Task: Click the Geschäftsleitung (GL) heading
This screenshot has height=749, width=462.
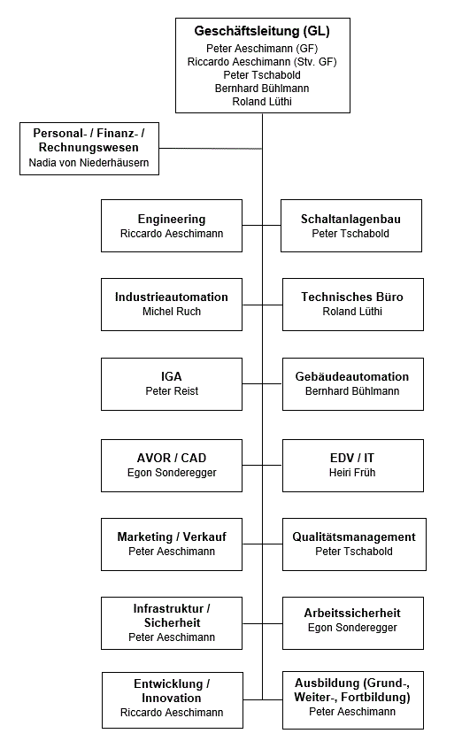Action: click(x=262, y=31)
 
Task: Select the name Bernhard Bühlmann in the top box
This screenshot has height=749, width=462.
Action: click(x=262, y=89)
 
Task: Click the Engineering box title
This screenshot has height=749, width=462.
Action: click(x=172, y=219)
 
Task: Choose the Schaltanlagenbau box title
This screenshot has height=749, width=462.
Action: click(x=350, y=219)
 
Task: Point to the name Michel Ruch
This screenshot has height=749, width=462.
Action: click(x=172, y=312)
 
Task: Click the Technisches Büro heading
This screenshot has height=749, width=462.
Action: click(x=352, y=297)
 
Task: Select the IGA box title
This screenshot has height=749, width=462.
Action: click(x=172, y=376)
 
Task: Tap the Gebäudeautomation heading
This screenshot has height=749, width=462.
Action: click(x=352, y=376)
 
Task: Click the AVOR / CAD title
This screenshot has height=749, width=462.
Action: click(x=172, y=458)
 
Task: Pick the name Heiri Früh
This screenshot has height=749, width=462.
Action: click(x=352, y=473)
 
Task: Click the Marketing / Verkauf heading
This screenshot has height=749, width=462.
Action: click(x=172, y=537)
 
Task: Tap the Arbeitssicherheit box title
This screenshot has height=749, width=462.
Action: click(x=352, y=613)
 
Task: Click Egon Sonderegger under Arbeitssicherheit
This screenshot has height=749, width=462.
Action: click(x=352, y=628)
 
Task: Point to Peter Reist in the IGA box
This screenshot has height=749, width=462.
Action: click(x=172, y=390)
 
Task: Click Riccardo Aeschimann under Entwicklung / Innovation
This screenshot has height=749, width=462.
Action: click(x=172, y=713)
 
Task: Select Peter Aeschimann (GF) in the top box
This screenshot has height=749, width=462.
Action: click(x=262, y=47)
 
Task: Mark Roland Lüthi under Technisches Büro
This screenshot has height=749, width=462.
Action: click(x=352, y=312)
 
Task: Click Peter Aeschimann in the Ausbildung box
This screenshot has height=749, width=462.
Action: click(x=352, y=713)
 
